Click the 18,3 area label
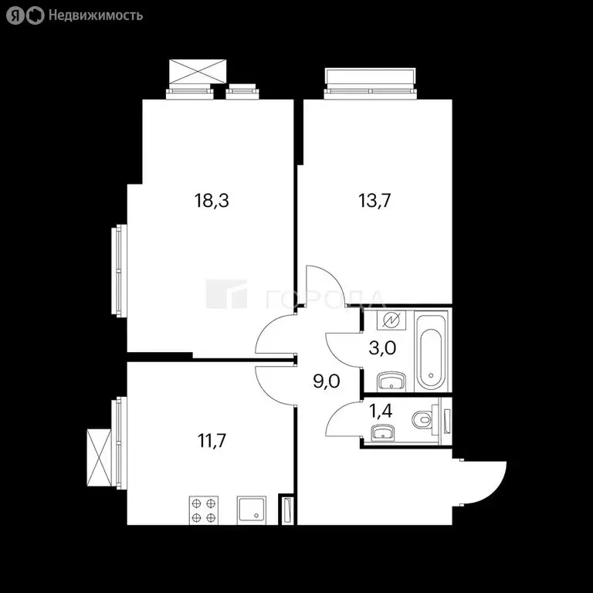point(213,202)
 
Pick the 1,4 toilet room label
point(381,411)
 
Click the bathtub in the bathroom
point(430,350)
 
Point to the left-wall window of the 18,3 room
point(120,270)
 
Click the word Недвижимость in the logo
point(95,15)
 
